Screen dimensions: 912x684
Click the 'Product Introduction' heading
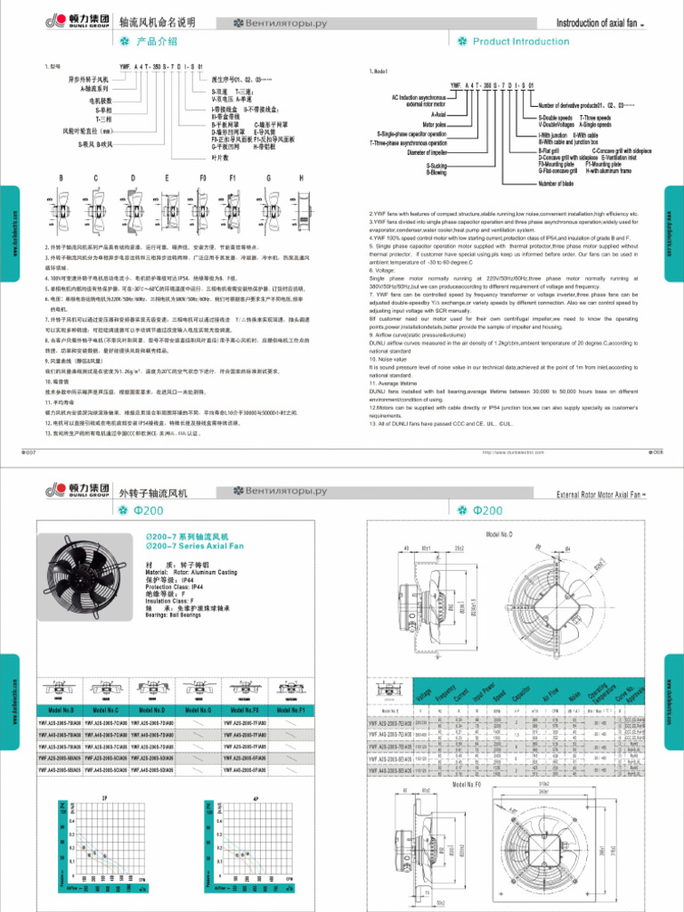coord(520,41)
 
